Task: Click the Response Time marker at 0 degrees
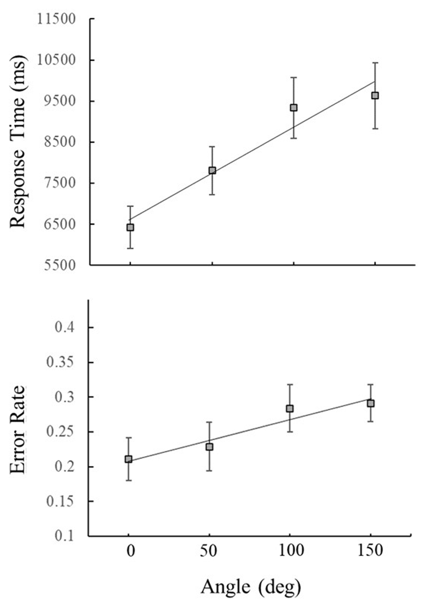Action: coord(130,227)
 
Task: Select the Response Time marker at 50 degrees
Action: coord(212,171)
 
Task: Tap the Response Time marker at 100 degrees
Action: coord(294,108)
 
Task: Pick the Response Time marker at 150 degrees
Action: coord(375,95)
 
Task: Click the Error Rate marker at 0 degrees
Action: coord(128,459)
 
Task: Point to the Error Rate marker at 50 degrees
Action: coord(210,447)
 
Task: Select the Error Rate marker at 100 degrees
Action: coord(290,409)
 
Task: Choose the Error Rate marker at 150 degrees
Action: coord(371,403)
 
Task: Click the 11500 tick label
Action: coord(57,19)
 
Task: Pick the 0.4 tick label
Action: coord(65,327)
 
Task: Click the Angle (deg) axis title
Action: coord(251,587)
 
